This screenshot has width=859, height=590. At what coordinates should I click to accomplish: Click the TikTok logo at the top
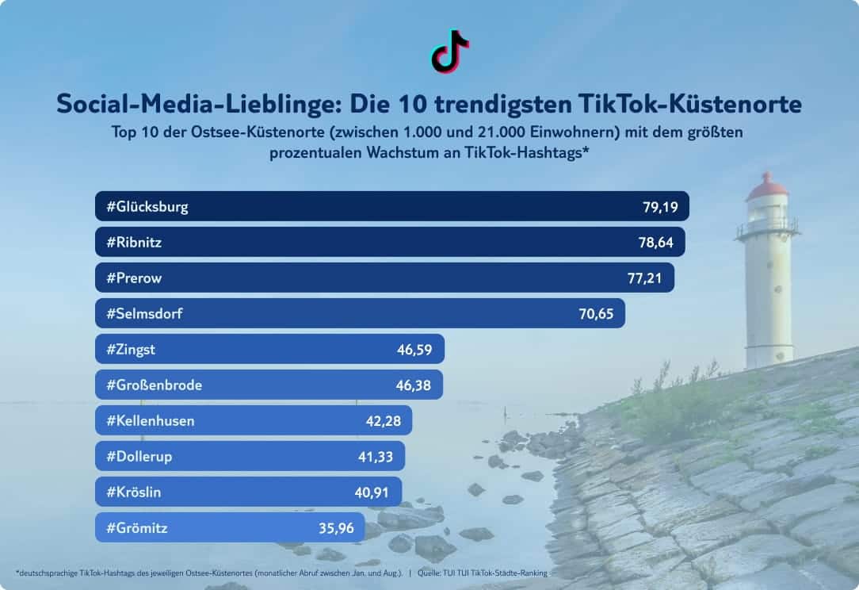450,52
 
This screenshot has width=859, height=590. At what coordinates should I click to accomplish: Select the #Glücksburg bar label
147,208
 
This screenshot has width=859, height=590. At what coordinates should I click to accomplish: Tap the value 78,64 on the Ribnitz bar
655,243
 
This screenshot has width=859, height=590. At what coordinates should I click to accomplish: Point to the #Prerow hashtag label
134,278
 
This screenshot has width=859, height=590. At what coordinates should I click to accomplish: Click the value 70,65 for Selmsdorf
596,314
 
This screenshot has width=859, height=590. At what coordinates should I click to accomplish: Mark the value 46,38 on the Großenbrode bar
414,385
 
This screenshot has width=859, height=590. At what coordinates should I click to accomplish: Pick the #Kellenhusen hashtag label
150,420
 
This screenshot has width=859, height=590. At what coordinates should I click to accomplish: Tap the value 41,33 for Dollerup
376,456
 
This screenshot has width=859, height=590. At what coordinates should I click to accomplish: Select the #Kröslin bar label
134,492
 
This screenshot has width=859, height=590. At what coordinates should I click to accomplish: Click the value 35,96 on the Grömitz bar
336,527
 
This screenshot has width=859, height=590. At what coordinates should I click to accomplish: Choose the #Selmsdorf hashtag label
144,314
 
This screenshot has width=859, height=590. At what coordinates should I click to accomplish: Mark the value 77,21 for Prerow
645,278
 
